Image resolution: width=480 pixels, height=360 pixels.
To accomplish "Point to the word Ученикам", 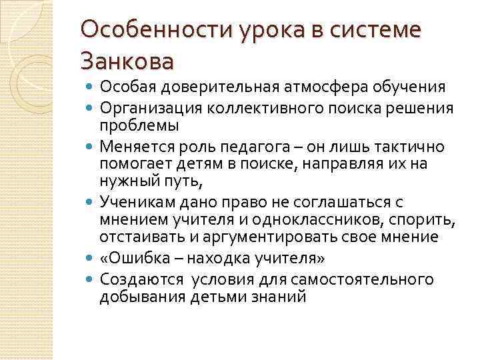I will (133, 201).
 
